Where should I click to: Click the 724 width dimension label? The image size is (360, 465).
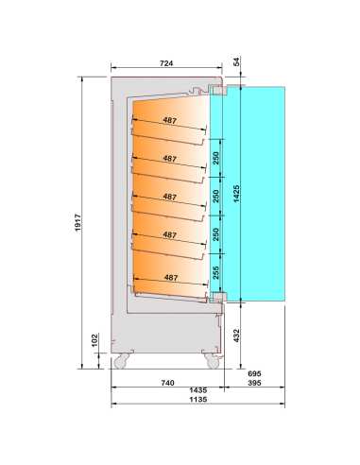pyautogui.click(x=166, y=63)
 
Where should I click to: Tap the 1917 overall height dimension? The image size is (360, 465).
pyautogui.click(x=77, y=222)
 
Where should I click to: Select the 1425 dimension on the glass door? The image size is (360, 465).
pyautogui.click(x=236, y=194)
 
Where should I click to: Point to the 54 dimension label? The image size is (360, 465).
pyautogui.click(x=236, y=61)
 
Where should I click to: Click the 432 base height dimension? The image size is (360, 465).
pyautogui.click(x=236, y=336)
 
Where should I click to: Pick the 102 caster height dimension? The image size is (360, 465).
pyautogui.click(x=94, y=340)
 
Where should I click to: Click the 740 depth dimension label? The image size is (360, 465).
pyautogui.click(x=167, y=383)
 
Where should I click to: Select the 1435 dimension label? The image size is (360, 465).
pyautogui.click(x=198, y=390)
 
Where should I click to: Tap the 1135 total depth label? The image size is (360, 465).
pyautogui.click(x=198, y=399)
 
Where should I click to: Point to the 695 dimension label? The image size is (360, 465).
pyautogui.click(x=254, y=373)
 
